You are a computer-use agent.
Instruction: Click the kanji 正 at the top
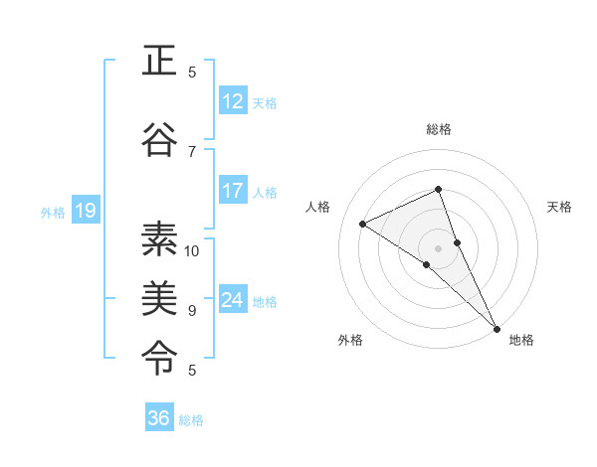tap(159, 63)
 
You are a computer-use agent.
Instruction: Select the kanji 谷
tap(159, 140)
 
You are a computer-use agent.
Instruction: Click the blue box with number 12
tap(233, 101)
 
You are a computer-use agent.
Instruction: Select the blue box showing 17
tap(233, 191)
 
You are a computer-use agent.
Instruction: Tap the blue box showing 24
tap(233, 300)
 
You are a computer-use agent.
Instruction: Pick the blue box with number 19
tap(85, 211)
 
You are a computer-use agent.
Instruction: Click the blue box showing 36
tap(159, 418)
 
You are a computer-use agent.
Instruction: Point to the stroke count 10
tap(192, 250)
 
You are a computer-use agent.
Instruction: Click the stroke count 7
tap(192, 151)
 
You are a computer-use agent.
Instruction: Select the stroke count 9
tap(192, 310)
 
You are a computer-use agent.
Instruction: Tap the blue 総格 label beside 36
tap(191, 419)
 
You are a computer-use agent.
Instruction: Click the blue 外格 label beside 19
tap(53, 212)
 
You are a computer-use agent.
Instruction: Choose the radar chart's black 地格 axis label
tap(521, 340)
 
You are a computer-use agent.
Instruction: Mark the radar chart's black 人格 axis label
tap(317, 207)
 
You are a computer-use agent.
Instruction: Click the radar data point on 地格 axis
tap(496, 326)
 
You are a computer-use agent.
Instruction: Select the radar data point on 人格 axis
tap(363, 224)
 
